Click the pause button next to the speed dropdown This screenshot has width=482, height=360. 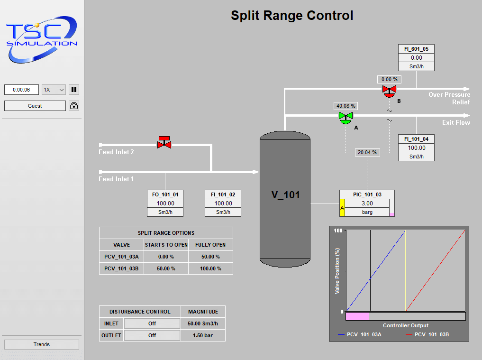click(74, 89)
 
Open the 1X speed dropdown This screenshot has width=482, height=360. click(54, 89)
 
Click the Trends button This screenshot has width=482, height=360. click(42, 344)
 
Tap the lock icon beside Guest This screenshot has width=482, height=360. click(74, 106)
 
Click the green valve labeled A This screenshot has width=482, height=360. click(346, 117)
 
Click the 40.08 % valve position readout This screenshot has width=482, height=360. click(346, 106)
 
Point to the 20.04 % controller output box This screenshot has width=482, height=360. click(367, 152)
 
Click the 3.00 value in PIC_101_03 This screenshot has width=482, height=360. click(367, 203)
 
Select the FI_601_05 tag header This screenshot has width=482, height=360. click(416, 49)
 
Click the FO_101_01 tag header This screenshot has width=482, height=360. click(165, 194)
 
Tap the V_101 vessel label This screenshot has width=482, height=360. click(285, 194)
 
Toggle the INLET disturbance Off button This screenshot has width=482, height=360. click(152, 323)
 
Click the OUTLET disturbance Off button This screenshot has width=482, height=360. click(152, 335)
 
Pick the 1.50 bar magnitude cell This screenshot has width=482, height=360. click(203, 335)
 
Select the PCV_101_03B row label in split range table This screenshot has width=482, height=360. click(121, 268)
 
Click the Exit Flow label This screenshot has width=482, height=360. click(456, 122)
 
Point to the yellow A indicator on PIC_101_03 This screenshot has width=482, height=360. click(342, 208)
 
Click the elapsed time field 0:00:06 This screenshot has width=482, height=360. click(21, 89)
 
